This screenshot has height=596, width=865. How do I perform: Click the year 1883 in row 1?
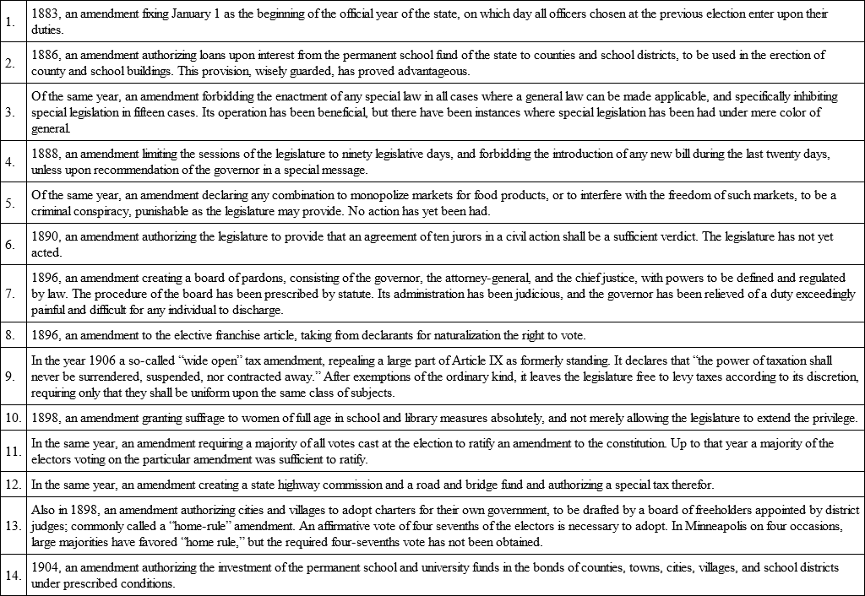(44, 14)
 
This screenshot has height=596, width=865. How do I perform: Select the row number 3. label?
(12, 113)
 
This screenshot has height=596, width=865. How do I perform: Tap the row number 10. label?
(13, 418)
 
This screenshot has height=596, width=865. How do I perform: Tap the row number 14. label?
(13, 576)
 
